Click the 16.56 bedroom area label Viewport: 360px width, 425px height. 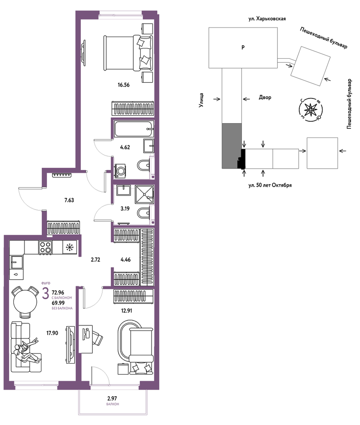tap(123, 85)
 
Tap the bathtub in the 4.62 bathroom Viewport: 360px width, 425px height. tap(134, 129)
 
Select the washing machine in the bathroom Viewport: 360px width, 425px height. tap(120, 171)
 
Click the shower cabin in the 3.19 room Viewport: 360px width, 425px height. tap(144, 194)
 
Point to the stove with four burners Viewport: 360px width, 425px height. tap(45, 247)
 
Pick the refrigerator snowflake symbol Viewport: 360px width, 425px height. tap(70, 247)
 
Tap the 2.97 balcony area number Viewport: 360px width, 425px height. tap(112, 399)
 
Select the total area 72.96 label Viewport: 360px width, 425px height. tap(58, 293)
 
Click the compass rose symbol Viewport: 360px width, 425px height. tap(311, 110)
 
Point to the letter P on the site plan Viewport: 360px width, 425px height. tap(243, 47)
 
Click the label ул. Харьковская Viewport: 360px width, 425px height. tap(267, 19)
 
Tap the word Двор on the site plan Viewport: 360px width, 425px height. tap(265, 97)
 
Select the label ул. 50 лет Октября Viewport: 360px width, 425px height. tap(270, 186)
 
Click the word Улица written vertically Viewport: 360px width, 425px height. tap(201, 100)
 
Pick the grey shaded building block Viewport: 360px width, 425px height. tap(232, 146)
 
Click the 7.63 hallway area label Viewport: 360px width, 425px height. tap(69, 200)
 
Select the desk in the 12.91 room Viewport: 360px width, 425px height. tap(86, 339)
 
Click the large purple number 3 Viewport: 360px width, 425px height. tap(46, 293)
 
